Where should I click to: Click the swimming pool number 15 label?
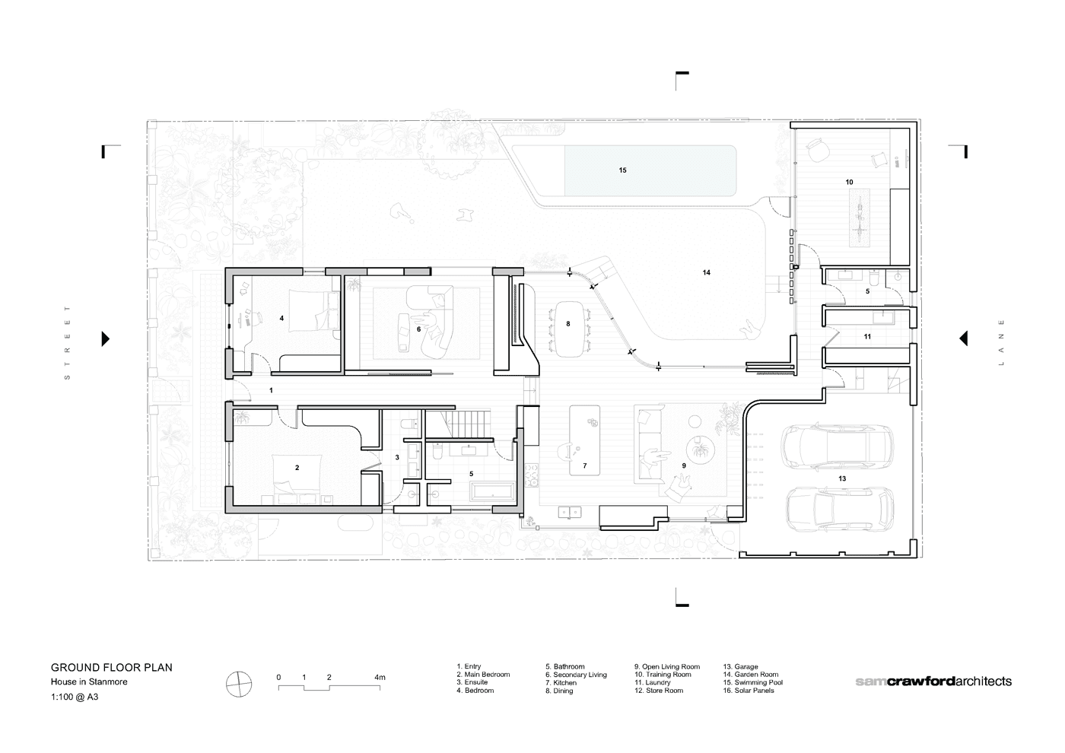pyautogui.click(x=623, y=170)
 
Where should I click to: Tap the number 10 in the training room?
pyautogui.click(x=849, y=182)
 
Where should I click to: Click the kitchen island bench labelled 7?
pyautogui.click(x=584, y=440)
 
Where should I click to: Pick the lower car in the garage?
pyautogui.click(x=840, y=509)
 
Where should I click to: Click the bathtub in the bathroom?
pyautogui.click(x=492, y=491)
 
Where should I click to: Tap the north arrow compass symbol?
pyautogui.click(x=239, y=685)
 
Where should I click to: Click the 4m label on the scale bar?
pyautogui.click(x=380, y=678)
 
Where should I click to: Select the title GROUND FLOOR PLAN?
pyautogui.click(x=112, y=668)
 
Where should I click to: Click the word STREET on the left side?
pyautogui.click(x=67, y=342)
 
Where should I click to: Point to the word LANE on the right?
pyautogui.click(x=1001, y=342)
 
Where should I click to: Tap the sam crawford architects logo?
pyautogui.click(x=933, y=682)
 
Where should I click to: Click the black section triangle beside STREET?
pyautogui.click(x=106, y=338)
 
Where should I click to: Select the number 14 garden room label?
pyautogui.click(x=707, y=272)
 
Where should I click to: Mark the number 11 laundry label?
pyautogui.click(x=867, y=336)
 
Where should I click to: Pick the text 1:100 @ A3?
pyautogui.click(x=75, y=697)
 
